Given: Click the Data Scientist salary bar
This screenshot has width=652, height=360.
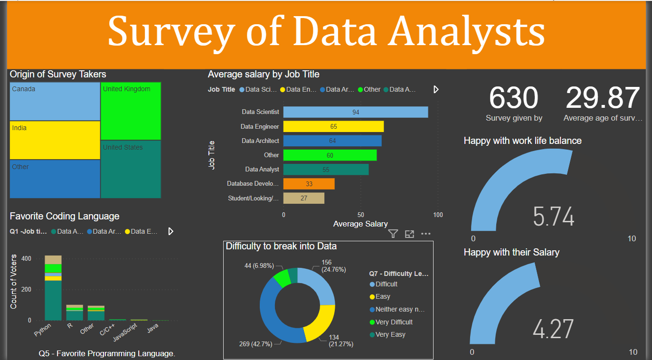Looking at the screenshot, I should (355, 112).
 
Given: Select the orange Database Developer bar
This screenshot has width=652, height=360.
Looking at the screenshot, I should (309, 184).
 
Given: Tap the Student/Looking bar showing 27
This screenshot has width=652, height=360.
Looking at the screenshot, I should (304, 198).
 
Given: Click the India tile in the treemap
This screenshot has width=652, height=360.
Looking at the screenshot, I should (55, 140).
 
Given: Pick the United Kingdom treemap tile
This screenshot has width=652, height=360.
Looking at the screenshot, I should (131, 111).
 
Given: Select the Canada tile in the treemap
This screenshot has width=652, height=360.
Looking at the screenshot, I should (55, 102).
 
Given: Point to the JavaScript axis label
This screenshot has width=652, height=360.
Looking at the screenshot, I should (124, 332).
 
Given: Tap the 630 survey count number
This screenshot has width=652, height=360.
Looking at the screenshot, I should (513, 98).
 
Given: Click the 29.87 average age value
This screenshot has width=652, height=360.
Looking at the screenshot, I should (603, 98).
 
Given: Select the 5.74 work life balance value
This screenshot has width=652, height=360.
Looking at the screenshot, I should (553, 217).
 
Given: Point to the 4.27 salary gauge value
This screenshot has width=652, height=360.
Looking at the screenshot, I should (553, 329).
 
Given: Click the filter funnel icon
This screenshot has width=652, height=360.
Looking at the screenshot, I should (393, 234).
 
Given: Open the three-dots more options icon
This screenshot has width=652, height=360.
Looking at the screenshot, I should (425, 234).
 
